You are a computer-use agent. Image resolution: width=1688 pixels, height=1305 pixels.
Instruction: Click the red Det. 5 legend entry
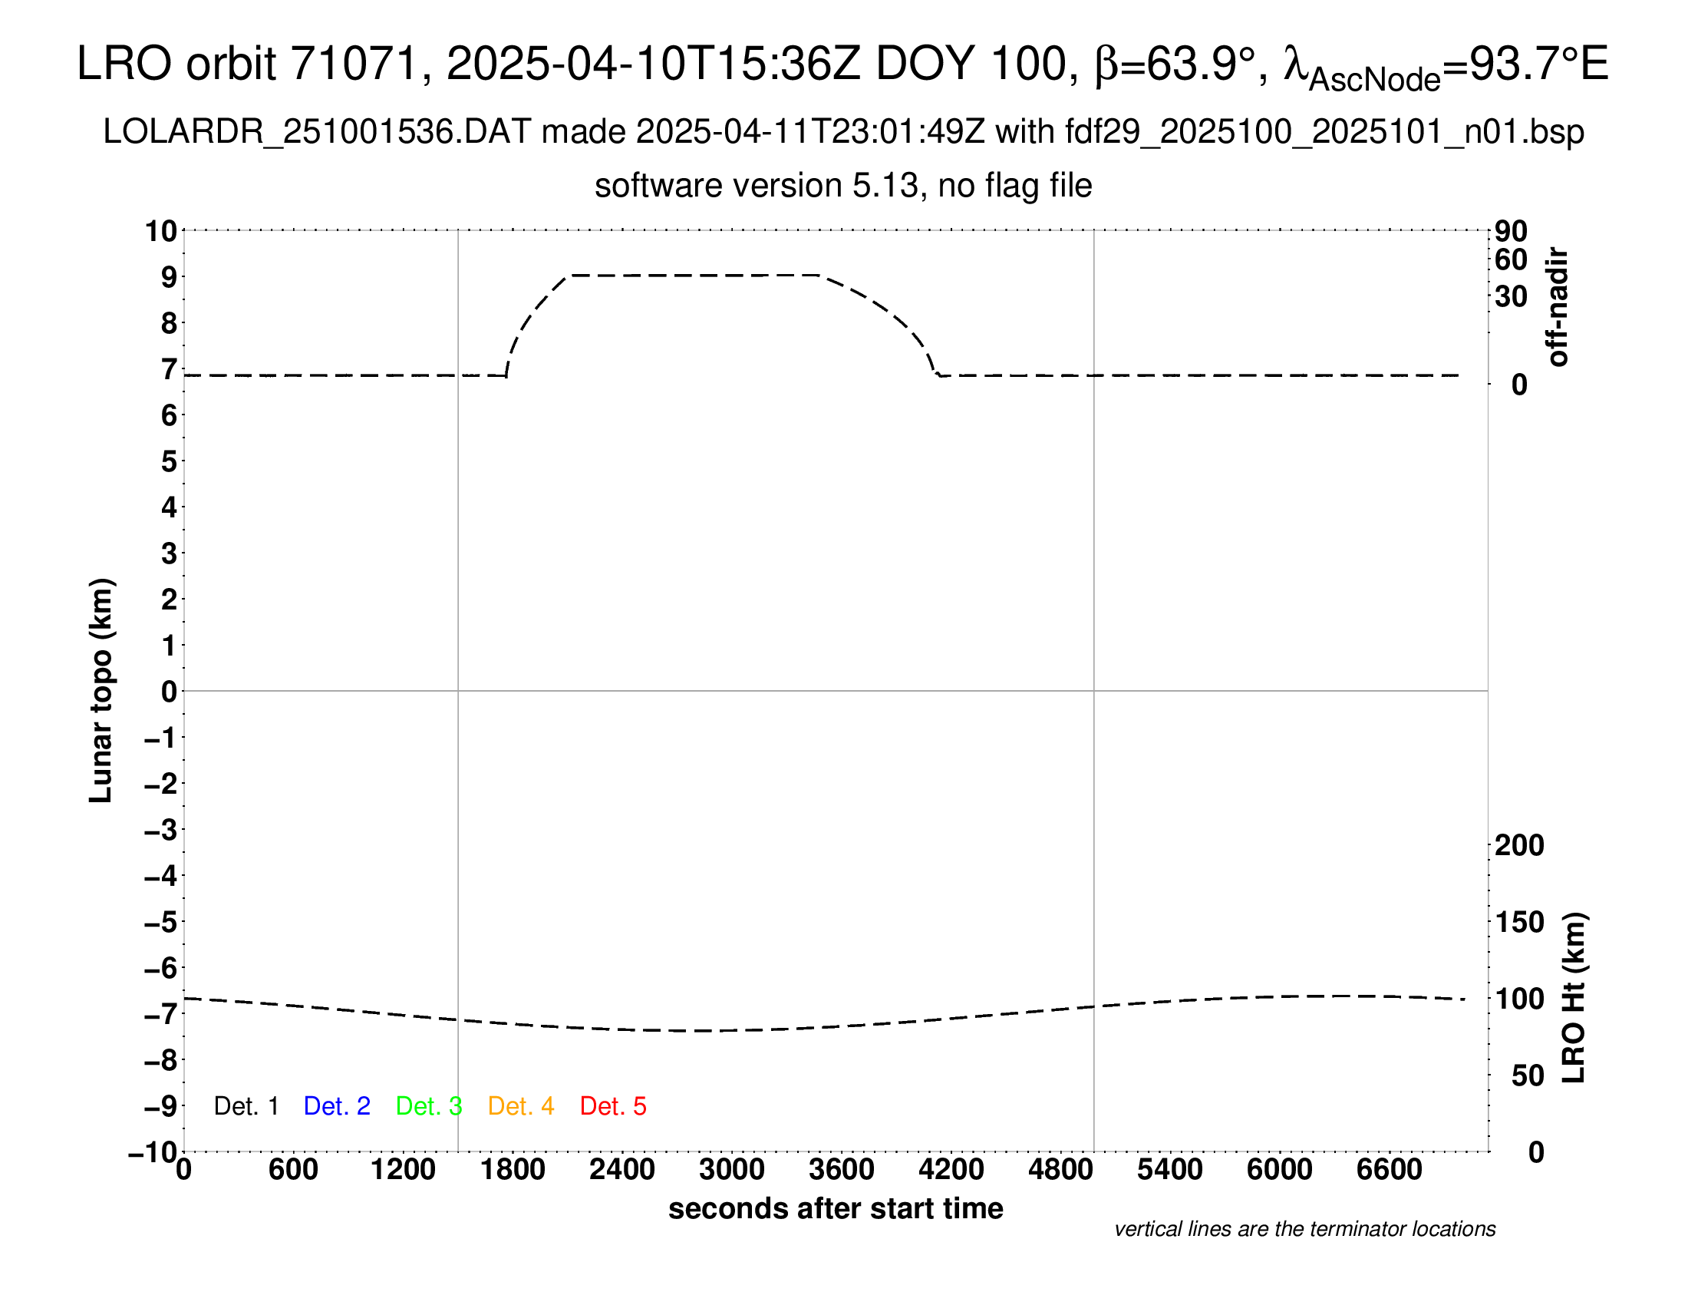(x=613, y=1106)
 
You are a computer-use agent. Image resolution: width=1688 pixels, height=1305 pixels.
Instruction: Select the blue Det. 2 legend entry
(x=337, y=1106)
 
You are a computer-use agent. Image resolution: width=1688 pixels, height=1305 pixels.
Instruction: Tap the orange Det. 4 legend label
(x=521, y=1106)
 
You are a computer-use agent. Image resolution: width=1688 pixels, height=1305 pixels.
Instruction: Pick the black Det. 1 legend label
(x=246, y=1106)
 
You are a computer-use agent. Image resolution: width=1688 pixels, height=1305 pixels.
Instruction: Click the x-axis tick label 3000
(x=731, y=1170)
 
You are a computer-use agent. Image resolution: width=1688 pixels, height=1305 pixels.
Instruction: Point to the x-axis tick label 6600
(x=1389, y=1170)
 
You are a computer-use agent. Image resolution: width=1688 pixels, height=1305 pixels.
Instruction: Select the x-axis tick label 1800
(x=513, y=1170)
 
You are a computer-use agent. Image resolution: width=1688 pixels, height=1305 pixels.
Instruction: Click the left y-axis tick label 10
(x=162, y=231)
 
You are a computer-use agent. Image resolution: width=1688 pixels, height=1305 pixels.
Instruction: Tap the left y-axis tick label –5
(x=162, y=922)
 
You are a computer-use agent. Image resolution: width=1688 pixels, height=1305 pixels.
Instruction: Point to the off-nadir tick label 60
(x=1511, y=259)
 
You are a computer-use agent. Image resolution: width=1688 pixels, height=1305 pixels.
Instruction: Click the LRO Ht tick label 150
(x=1518, y=922)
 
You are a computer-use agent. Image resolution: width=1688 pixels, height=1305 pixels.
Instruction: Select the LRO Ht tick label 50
(x=1527, y=1075)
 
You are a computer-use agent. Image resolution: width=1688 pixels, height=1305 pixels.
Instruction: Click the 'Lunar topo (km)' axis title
(x=101, y=690)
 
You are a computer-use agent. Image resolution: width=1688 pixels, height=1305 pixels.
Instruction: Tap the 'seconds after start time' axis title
(x=836, y=1208)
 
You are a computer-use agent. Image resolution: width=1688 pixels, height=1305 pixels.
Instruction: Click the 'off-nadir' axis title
(x=1558, y=307)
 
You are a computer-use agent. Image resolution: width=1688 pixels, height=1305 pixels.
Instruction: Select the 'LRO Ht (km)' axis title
(x=1574, y=998)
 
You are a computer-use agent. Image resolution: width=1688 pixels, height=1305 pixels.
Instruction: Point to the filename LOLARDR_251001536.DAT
(x=317, y=132)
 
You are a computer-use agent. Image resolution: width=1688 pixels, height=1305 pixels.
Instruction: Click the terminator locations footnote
(x=1304, y=1229)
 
